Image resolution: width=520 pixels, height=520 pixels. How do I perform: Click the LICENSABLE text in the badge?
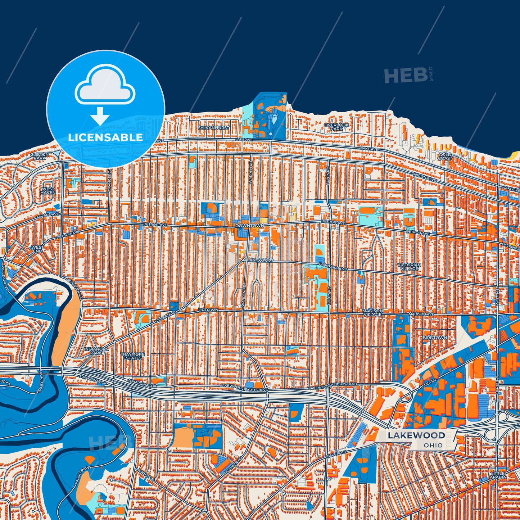coord(105,137)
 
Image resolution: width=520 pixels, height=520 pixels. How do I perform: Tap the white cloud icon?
coord(105,87)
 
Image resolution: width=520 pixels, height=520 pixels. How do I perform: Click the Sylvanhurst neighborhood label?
coord(213,128)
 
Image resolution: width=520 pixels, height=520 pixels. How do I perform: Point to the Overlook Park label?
coord(336,127)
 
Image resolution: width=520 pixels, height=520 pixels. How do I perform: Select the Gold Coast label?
coord(445,157)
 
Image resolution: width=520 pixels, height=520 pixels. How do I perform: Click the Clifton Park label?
coord(39,156)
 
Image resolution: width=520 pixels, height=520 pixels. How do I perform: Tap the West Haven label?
coord(48,190)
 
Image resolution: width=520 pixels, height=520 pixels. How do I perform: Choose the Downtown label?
coord(250,226)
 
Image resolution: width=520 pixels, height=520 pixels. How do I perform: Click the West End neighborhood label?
coord(37,249)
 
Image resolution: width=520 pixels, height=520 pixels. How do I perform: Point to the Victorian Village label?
coord(409,267)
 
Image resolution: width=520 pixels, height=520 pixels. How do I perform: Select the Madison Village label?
coord(372,312)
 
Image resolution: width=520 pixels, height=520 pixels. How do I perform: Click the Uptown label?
coord(208,310)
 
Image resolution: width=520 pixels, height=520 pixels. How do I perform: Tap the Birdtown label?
coord(435,338)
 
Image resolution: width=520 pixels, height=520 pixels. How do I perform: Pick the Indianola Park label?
coord(94,351)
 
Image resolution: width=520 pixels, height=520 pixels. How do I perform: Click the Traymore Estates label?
coord(132,356)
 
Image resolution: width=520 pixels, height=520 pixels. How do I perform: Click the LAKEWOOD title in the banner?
coord(416,435)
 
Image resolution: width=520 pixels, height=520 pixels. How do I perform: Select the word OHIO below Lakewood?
coord(433,445)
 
